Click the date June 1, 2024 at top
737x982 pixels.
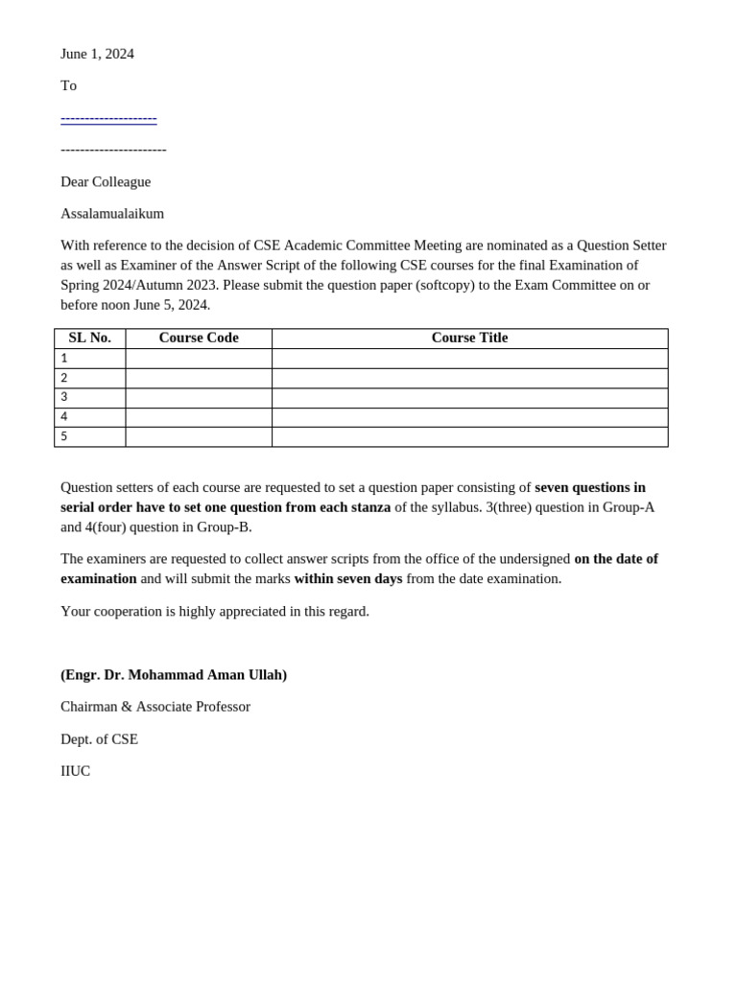tap(97, 54)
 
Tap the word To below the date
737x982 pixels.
tap(68, 85)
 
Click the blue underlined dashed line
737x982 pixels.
tap(108, 118)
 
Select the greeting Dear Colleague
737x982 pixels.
tap(106, 181)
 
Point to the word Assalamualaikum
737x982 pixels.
tap(112, 213)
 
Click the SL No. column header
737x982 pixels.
tap(90, 338)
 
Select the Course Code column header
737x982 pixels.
tap(199, 338)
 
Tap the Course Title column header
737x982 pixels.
tap(469, 338)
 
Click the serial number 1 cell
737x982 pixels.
tap(90, 359)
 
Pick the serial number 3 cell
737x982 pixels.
tap(90, 398)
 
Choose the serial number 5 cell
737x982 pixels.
tap(90, 437)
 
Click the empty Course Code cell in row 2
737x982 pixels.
tap(199, 378)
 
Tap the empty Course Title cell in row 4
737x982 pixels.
tap(469, 417)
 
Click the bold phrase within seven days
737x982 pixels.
tap(348, 578)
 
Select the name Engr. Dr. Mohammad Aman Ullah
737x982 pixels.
tap(174, 674)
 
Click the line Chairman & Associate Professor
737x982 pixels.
tap(155, 706)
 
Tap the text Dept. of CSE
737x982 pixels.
tap(99, 738)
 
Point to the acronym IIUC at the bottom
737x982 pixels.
tap(75, 770)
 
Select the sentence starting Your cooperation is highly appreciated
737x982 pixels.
tap(215, 611)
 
